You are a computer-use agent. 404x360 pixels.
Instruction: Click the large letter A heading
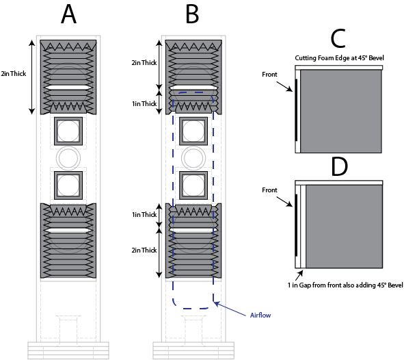(68, 14)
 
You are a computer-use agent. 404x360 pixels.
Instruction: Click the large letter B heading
(193, 14)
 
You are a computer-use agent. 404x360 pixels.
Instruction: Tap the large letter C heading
(338, 39)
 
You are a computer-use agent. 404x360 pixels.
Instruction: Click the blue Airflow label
(260, 315)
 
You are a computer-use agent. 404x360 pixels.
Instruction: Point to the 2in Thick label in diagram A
(14, 74)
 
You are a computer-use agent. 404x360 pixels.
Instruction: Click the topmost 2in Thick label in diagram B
(144, 63)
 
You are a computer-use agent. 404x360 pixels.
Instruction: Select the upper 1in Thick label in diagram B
(144, 103)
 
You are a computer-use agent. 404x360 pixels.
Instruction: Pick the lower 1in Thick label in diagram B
(144, 214)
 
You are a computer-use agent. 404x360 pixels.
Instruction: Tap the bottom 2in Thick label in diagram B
(144, 250)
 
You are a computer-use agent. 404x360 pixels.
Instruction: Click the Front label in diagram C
(269, 75)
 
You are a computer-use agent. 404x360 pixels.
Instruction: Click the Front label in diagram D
(269, 190)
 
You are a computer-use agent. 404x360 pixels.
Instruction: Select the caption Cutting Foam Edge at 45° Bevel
(339, 58)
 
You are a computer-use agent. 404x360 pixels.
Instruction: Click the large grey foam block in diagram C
(341, 112)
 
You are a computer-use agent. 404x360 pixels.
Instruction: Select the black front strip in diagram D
(296, 225)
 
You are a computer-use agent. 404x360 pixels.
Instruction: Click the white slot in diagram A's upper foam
(68, 88)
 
